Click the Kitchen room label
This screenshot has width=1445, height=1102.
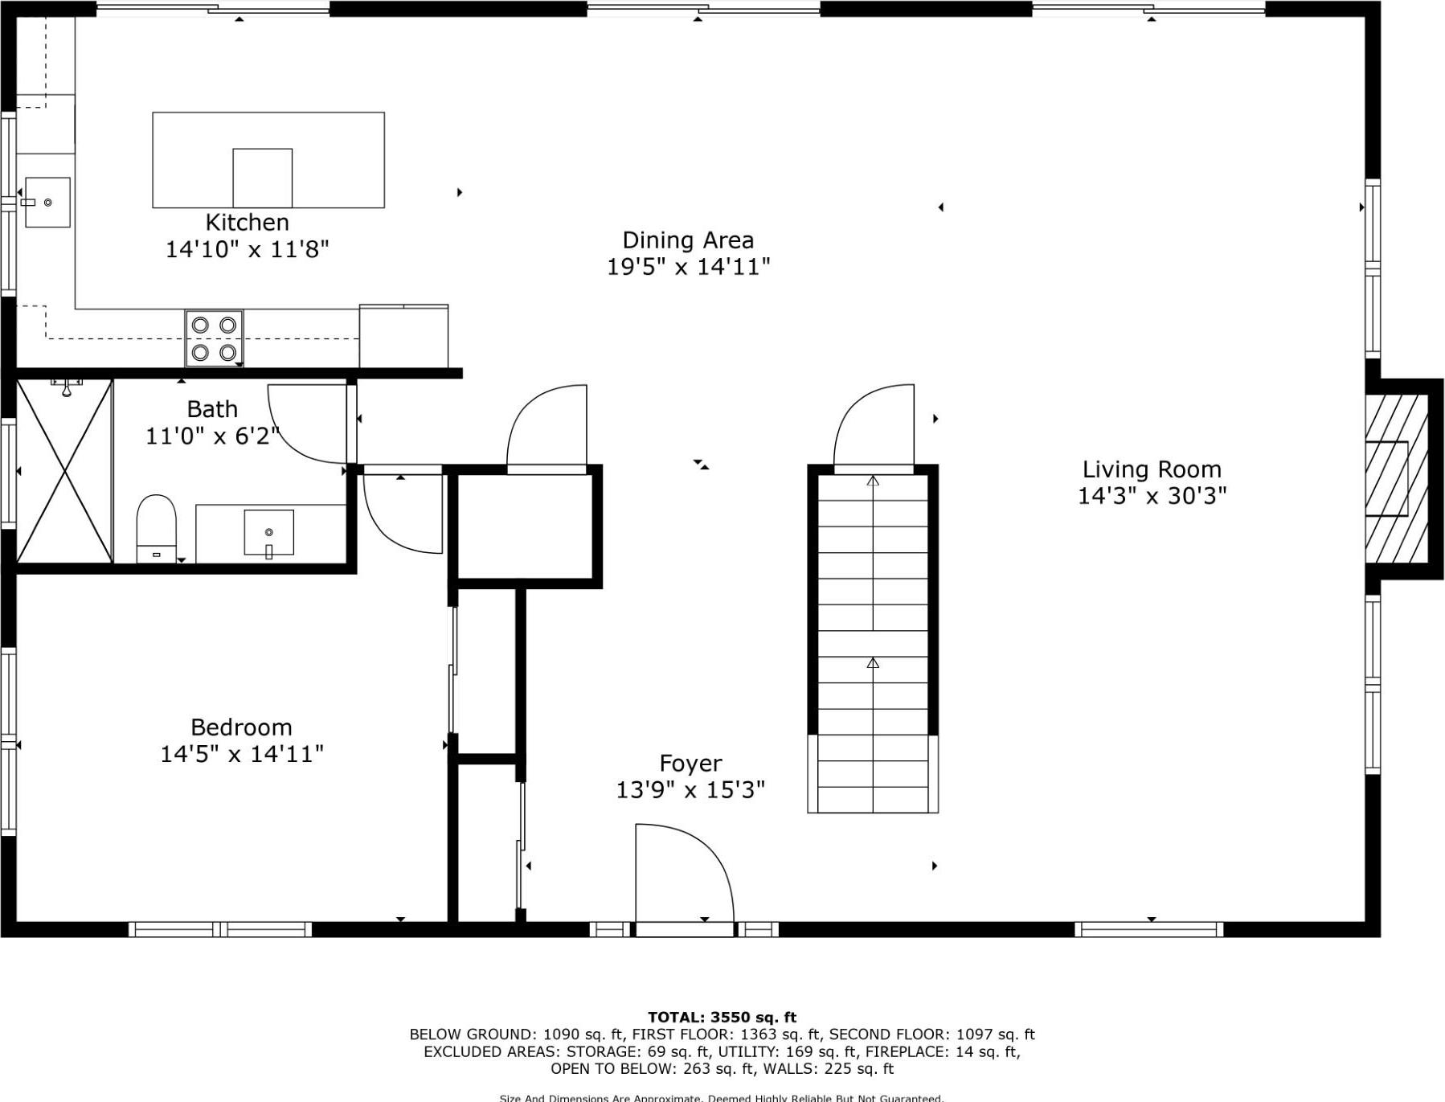(247, 223)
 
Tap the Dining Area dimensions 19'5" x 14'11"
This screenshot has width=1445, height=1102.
(688, 267)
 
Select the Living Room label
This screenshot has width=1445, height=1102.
(1151, 469)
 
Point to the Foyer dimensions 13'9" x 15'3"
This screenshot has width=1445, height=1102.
(690, 790)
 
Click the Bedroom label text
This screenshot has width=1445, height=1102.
(241, 727)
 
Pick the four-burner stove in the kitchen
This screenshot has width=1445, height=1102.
(214, 338)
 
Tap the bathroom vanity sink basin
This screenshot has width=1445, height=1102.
(268, 532)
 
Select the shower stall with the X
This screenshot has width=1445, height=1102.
(64, 472)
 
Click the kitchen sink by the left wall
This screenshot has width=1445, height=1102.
(47, 203)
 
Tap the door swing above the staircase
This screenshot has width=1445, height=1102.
(874, 426)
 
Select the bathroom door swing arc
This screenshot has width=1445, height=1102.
(309, 424)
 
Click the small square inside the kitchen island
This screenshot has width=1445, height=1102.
(262, 178)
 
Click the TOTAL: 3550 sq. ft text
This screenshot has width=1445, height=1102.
(722, 1017)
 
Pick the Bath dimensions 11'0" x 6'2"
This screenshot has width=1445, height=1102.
(212, 436)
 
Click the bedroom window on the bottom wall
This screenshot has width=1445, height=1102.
(220, 930)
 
